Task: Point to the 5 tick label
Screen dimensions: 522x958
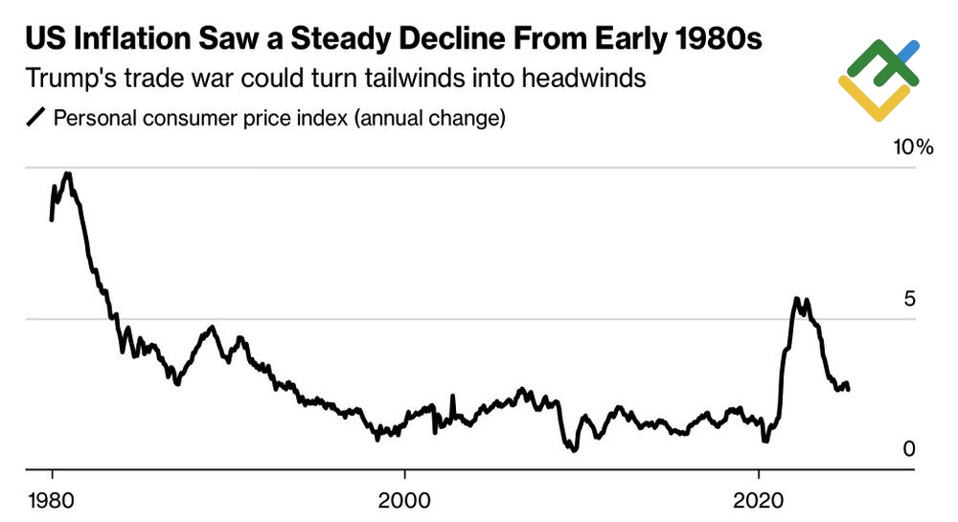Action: pyautogui.click(x=909, y=299)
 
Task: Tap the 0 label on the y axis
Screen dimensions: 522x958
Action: pyautogui.click(x=909, y=449)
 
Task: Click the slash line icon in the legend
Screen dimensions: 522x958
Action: pyautogui.click(x=36, y=119)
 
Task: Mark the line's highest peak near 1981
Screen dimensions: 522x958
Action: pyautogui.click(x=66, y=173)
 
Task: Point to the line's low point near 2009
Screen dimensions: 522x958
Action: pyautogui.click(x=572, y=448)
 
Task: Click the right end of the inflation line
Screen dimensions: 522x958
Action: pyautogui.click(x=849, y=388)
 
